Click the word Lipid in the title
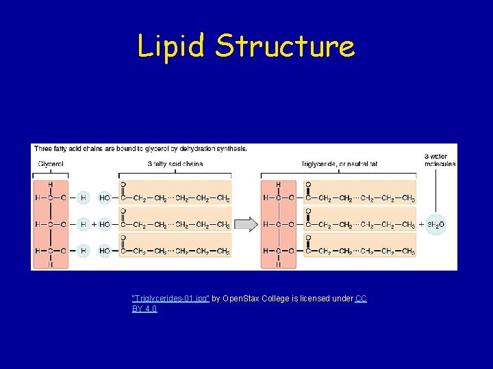171,46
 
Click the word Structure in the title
285,46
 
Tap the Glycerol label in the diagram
51,164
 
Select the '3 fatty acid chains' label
175,164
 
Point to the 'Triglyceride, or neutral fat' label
339,164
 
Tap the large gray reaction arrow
246,224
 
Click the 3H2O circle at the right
436,224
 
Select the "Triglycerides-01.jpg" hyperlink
170,299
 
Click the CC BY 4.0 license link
361,299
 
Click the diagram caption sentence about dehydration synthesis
140,148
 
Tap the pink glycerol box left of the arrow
50,224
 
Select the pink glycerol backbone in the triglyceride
279,224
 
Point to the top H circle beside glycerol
83,198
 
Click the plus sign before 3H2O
421,224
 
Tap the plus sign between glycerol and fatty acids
94,224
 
